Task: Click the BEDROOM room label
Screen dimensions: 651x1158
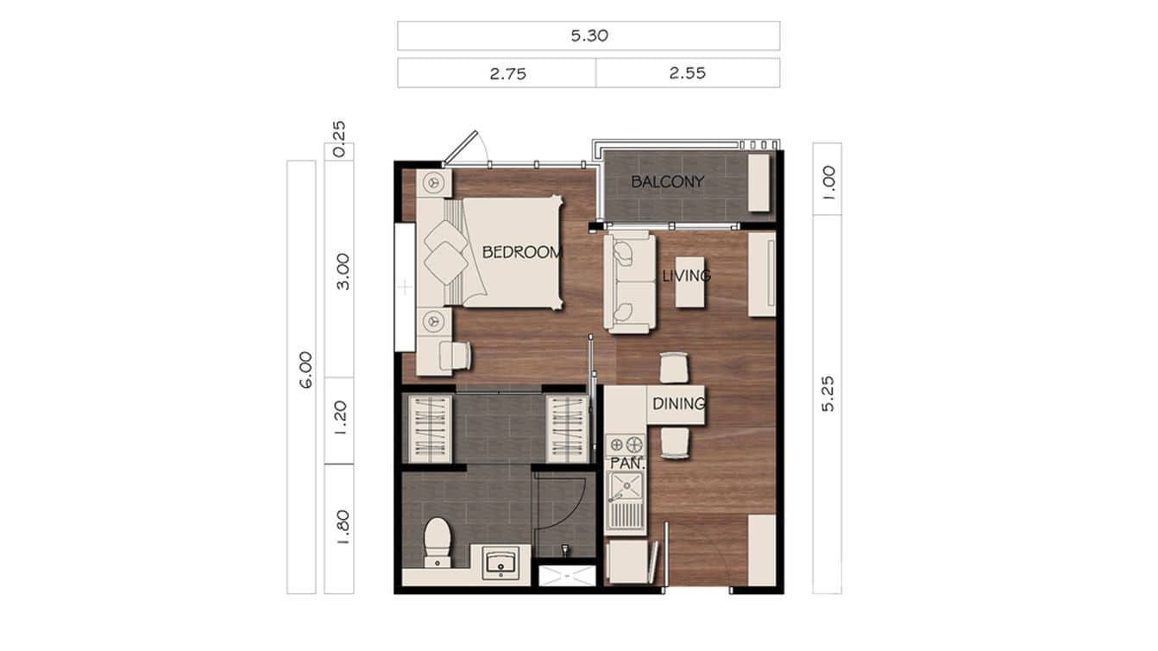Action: (522, 253)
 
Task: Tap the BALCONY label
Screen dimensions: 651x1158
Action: (667, 182)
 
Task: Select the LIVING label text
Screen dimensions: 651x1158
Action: (686, 276)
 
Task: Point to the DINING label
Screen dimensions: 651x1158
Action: (678, 403)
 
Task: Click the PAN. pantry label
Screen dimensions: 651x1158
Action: (624, 464)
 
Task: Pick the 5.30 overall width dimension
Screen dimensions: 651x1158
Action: (588, 36)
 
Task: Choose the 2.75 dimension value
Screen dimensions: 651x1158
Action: (507, 73)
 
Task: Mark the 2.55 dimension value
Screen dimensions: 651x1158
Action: (688, 73)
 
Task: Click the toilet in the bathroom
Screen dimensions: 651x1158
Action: (438, 541)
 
